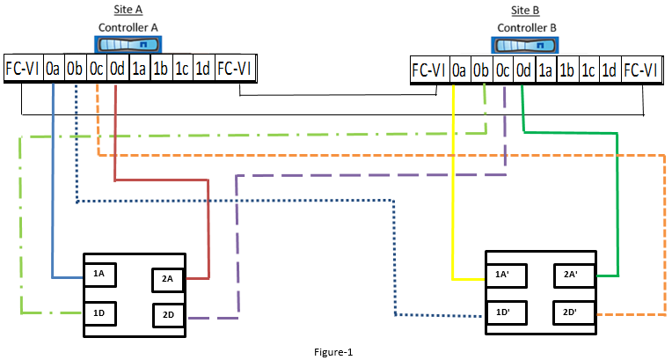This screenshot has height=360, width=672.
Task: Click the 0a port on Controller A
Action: pos(54,68)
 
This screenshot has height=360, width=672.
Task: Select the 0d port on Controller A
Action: pos(117,68)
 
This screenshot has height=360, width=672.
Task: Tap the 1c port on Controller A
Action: pos(182,68)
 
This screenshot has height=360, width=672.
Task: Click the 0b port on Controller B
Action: pos(481,70)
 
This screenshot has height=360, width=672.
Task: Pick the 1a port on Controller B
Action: pos(545,70)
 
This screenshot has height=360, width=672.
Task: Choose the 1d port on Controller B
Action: pos(610,70)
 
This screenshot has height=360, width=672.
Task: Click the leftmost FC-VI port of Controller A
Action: pos(22,68)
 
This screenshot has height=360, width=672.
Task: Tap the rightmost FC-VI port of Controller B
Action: pos(642,70)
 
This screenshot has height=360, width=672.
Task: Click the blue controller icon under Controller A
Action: pos(128,46)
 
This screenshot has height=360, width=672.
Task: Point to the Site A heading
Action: pos(128,10)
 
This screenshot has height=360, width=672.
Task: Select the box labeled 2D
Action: pos(168,314)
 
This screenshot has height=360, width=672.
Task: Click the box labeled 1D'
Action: pos(504,312)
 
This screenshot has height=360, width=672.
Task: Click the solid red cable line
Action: pos(208,229)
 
